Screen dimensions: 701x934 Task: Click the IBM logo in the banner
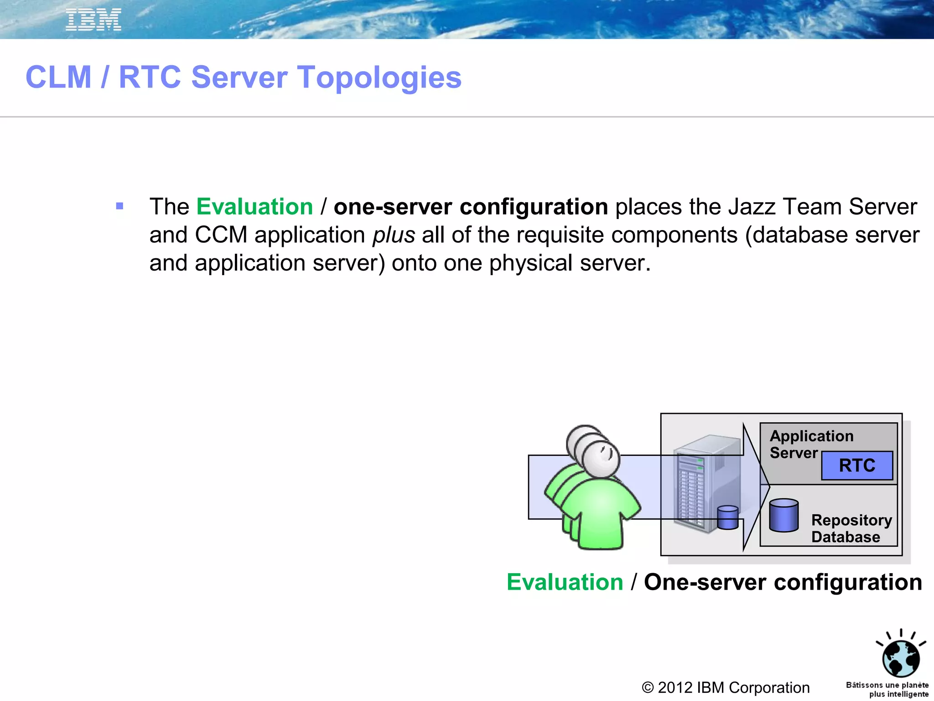point(93,20)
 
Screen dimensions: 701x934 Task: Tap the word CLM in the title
point(58,77)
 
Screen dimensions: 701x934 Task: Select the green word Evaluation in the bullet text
point(254,207)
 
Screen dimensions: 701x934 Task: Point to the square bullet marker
point(119,206)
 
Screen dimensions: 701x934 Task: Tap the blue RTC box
point(857,466)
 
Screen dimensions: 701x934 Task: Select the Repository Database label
point(851,528)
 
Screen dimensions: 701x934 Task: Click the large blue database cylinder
point(784,515)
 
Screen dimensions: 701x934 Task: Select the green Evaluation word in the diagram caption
point(565,582)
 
